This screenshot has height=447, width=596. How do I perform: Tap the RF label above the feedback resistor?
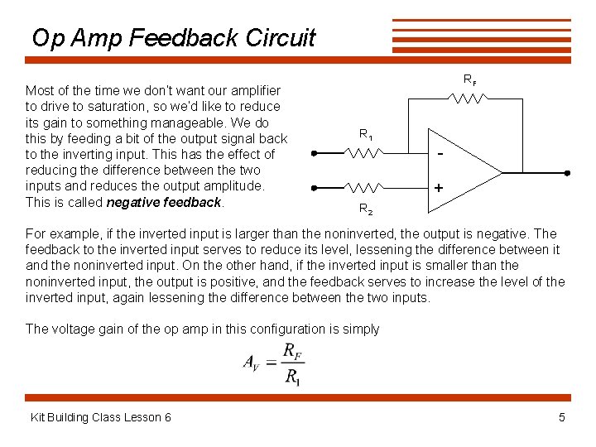469,80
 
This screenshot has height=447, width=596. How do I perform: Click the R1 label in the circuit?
365,134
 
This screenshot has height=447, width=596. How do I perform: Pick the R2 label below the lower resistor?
365,209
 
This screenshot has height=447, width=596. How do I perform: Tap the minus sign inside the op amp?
441,155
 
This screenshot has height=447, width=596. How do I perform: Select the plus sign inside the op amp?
438,189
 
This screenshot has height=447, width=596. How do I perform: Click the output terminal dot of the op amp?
568,172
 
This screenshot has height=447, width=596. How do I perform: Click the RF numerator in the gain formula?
292,350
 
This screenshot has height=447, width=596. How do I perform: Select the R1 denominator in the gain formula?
292,377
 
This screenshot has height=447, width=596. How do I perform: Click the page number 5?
562,417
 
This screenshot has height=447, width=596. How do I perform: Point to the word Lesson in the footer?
120,417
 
